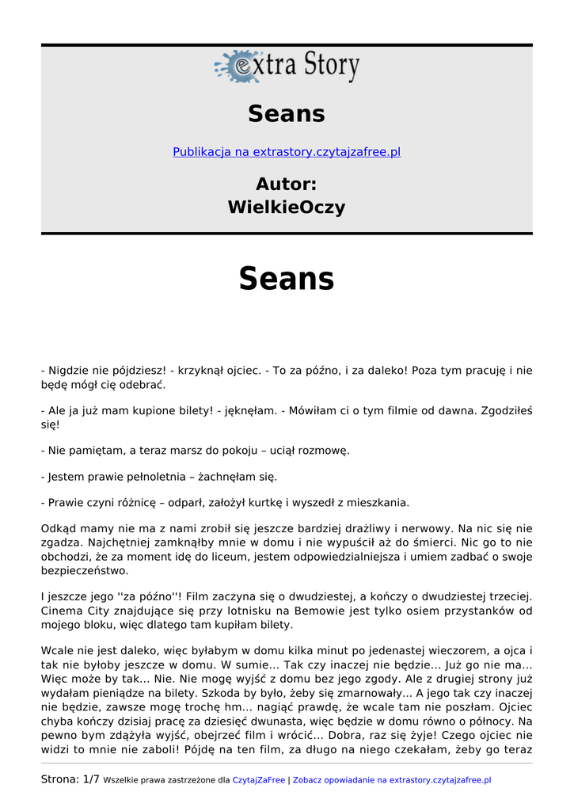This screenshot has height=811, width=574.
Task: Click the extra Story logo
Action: pyautogui.click(x=287, y=67)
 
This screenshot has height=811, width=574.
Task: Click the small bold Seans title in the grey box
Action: pyautogui.click(x=287, y=114)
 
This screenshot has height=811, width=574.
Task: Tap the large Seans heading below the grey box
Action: pyautogui.click(x=287, y=279)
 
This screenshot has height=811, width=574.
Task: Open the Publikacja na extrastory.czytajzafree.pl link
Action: pyautogui.click(x=287, y=152)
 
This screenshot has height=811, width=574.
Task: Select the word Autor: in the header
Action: pyautogui.click(x=287, y=185)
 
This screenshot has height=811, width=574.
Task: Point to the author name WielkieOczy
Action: pyautogui.click(x=287, y=208)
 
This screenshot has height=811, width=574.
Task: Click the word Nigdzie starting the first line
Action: pyautogui.click(x=68, y=371)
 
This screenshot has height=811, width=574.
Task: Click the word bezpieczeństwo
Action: pyautogui.click(x=84, y=570)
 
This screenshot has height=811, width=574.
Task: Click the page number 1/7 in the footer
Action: pyautogui.click(x=91, y=780)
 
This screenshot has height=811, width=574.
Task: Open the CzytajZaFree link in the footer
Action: pyautogui.click(x=259, y=780)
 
